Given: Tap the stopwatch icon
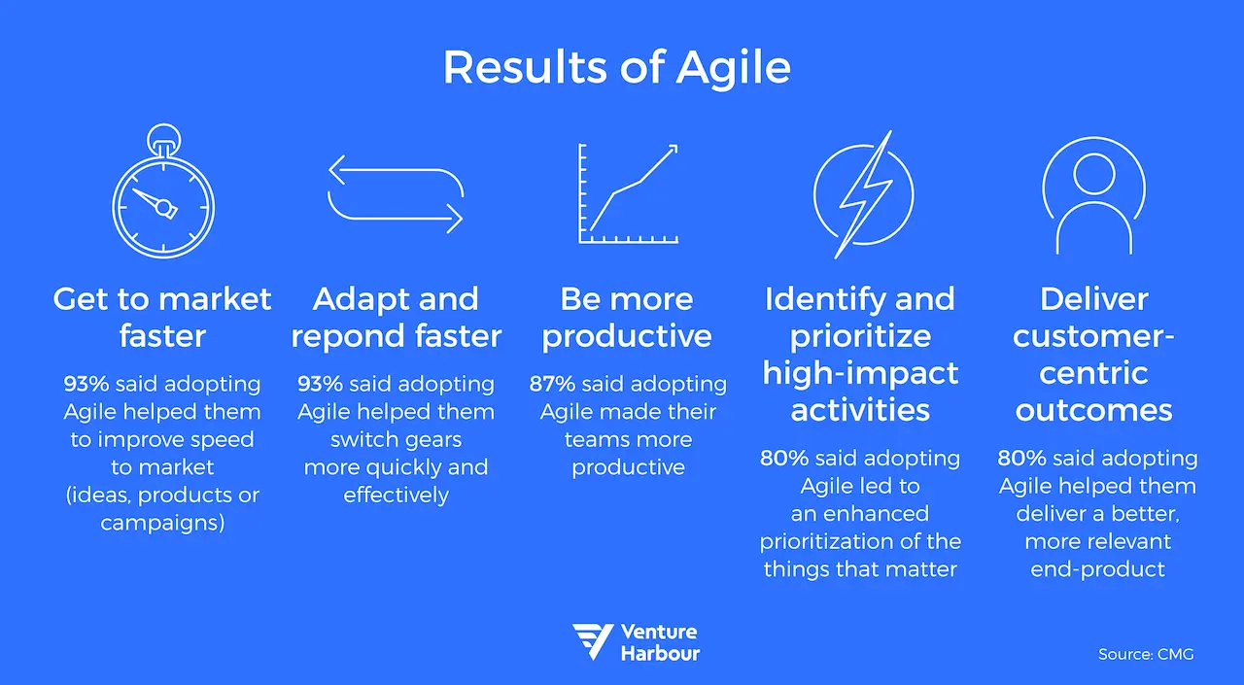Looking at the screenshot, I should point(162,200).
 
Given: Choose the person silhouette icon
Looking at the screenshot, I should point(1093,194).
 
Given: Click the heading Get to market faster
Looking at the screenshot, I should point(162,317).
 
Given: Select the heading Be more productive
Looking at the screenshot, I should point(627,317).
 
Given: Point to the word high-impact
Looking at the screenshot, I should point(860,373).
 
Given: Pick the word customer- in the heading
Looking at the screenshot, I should point(1093,336).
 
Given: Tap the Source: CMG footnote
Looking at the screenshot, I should point(1146,654).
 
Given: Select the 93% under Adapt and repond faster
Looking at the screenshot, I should point(321,384).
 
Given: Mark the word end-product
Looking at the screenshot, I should point(1097,568).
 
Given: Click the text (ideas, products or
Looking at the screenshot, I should point(162,495).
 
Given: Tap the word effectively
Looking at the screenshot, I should point(396,495).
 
